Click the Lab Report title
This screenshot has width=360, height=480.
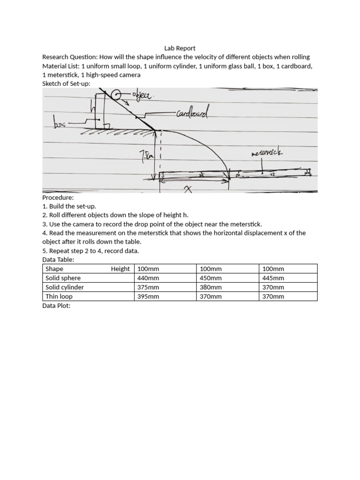click(x=180, y=48)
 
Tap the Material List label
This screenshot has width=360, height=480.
click(x=60, y=66)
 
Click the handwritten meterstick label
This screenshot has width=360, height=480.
click(x=267, y=153)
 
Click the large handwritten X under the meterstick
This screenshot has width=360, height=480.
click(x=188, y=188)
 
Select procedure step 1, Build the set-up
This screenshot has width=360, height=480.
click(x=69, y=206)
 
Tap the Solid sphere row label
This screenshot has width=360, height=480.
click(x=63, y=278)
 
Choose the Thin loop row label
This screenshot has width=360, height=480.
click(x=59, y=296)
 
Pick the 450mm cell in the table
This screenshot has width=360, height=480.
click(x=210, y=278)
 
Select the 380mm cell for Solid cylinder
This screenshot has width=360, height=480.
click(x=210, y=287)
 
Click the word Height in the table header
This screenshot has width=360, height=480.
click(x=120, y=269)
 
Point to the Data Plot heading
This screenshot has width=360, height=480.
click(x=56, y=306)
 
